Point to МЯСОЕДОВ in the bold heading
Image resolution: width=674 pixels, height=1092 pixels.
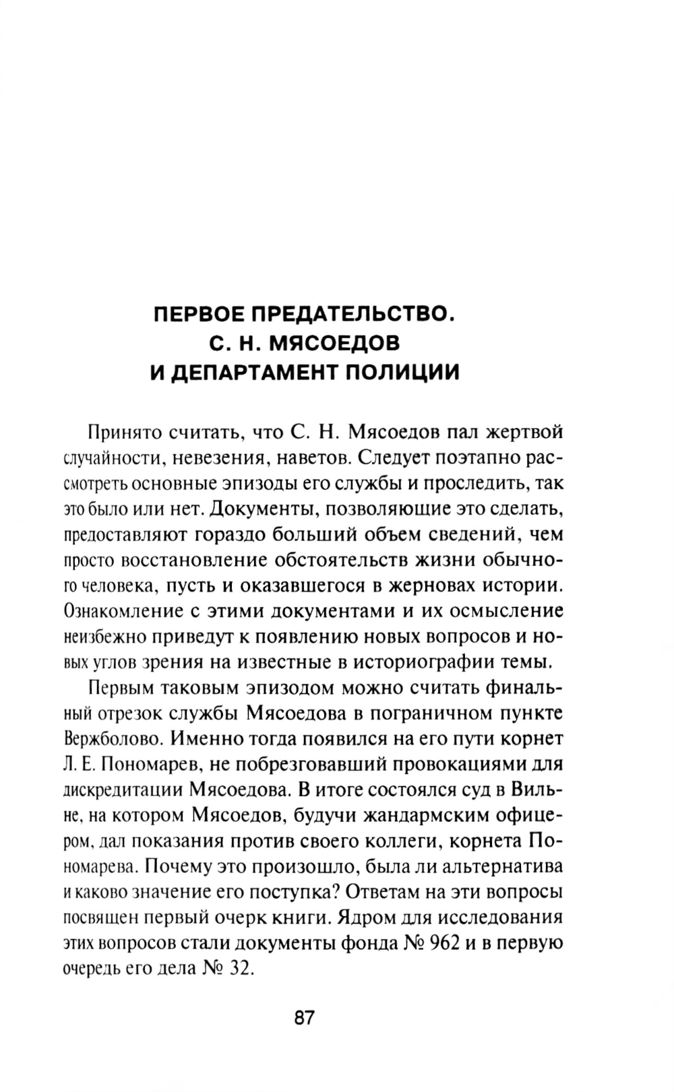(334, 344)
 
